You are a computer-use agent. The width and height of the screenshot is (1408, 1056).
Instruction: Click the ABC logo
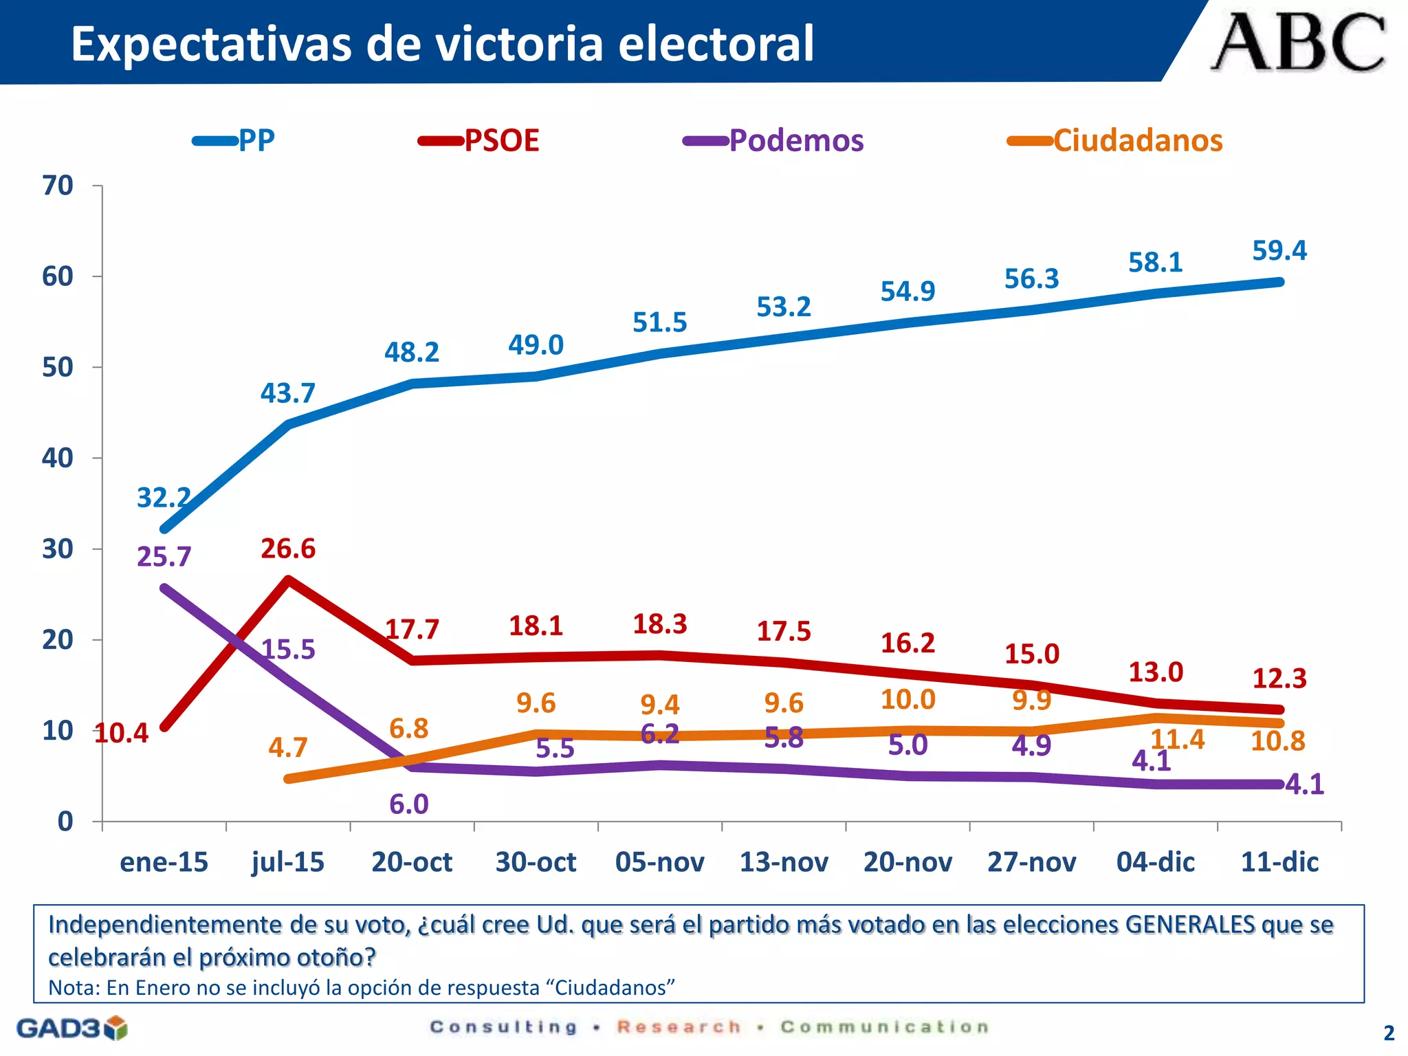click(1298, 43)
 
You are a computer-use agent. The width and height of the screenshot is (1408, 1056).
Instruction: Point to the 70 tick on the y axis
click(58, 186)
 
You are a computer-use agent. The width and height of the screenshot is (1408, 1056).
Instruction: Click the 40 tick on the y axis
click(58, 458)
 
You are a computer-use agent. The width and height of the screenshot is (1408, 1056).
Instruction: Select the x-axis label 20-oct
click(412, 862)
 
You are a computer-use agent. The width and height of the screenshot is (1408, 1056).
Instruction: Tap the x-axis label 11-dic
click(1279, 862)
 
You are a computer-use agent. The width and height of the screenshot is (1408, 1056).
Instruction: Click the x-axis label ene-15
click(164, 862)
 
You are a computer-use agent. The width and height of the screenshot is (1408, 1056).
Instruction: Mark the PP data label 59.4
click(1279, 251)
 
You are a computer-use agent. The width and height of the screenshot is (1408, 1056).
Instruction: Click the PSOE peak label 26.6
click(288, 549)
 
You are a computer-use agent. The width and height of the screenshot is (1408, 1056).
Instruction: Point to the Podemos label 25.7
click(164, 557)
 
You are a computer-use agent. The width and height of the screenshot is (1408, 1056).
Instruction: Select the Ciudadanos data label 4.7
click(288, 747)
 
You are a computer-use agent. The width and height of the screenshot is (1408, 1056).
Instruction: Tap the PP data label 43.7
click(288, 393)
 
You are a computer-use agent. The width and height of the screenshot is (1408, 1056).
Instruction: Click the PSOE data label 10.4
click(121, 734)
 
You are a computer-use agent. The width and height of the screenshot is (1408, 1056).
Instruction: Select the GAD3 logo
click(71, 1028)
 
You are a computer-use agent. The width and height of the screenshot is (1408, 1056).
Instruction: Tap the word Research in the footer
click(679, 1027)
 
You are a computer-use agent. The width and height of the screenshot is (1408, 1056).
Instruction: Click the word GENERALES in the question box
click(1190, 925)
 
